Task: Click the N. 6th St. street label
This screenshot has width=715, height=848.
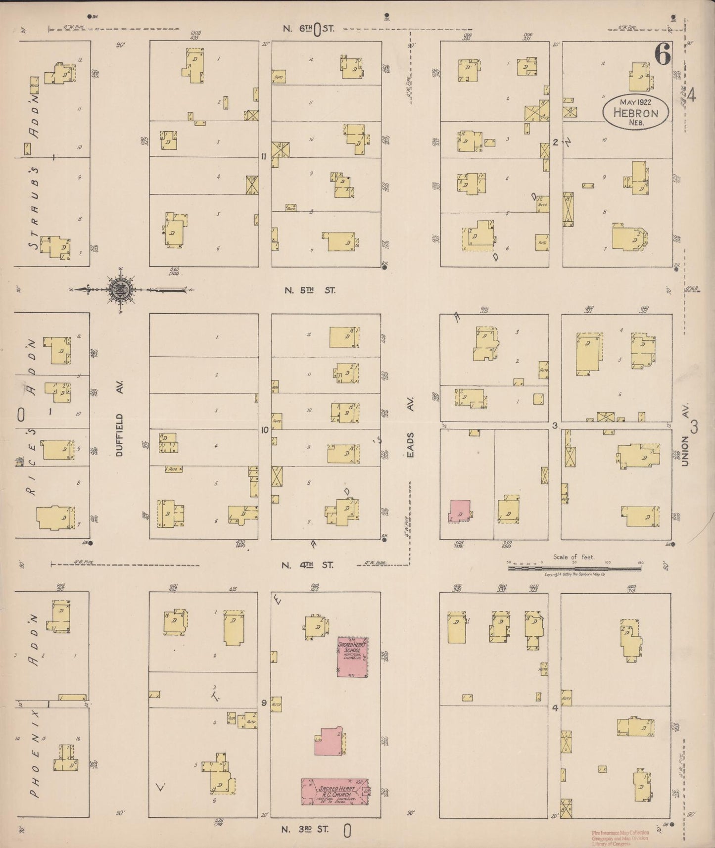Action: point(309,29)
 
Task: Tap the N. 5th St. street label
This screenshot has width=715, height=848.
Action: point(309,290)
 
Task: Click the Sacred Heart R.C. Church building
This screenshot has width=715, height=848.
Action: point(335,792)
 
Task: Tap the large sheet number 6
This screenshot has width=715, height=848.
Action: point(663,54)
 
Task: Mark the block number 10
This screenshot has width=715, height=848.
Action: point(265,430)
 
